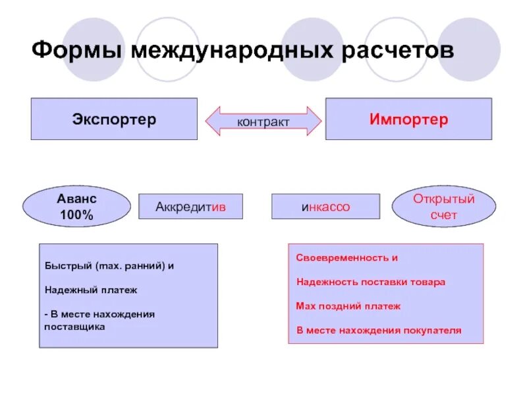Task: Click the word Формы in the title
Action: (x=77, y=50)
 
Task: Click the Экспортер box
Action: (x=114, y=119)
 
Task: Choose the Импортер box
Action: (x=408, y=119)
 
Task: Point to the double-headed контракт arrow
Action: (x=263, y=121)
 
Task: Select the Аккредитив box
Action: (x=190, y=207)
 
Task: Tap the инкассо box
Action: (x=325, y=207)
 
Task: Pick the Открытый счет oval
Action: (x=443, y=206)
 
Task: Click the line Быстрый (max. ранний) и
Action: (x=109, y=266)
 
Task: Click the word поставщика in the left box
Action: (x=74, y=326)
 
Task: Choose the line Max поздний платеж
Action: (x=348, y=306)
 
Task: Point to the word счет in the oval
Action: (x=443, y=215)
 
